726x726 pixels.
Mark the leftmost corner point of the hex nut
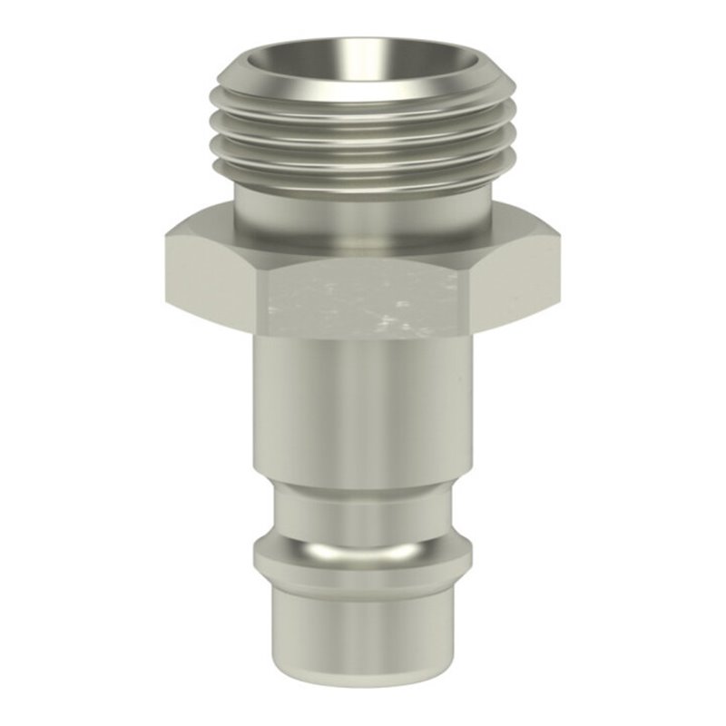(x=166, y=238)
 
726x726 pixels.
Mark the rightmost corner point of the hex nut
(x=560, y=238)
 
